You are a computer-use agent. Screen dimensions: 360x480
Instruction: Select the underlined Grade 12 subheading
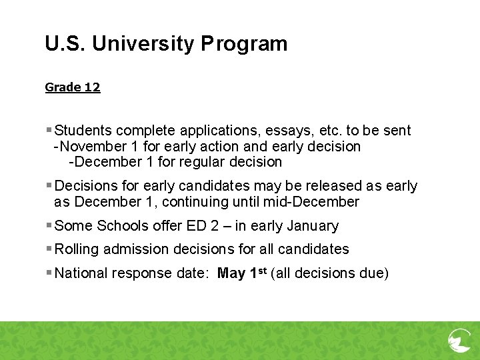coord(73,87)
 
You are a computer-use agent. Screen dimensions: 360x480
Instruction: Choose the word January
coord(312,226)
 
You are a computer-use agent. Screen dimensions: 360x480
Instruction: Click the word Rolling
coord(77,249)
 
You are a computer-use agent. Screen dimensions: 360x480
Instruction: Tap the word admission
coord(135,249)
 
